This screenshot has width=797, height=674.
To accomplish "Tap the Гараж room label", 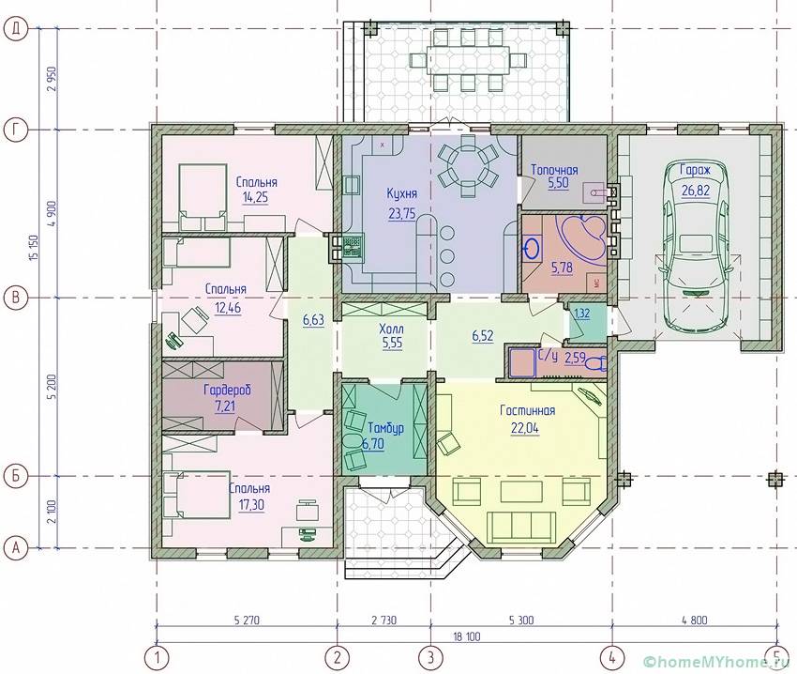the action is (x=696, y=170).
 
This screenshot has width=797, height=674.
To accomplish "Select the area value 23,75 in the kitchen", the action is (x=401, y=214).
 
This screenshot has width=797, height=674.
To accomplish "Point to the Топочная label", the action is (x=554, y=170).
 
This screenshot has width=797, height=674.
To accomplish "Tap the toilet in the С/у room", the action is (x=595, y=363).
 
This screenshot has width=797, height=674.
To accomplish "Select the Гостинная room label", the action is (x=527, y=410).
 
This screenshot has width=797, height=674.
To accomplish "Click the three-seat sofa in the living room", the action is (x=520, y=528).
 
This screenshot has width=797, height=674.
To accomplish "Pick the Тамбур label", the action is (x=385, y=428).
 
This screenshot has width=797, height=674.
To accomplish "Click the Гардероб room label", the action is (x=227, y=391).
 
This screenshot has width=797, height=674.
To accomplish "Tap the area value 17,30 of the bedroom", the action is (x=249, y=505).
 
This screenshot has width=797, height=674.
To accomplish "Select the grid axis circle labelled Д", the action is (x=16, y=29).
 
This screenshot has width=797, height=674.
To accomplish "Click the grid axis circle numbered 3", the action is (x=430, y=657).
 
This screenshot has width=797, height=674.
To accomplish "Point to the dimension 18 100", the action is (x=466, y=636).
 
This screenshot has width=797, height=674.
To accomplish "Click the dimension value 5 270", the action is (x=247, y=620).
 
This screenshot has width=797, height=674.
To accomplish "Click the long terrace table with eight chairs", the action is (x=468, y=60).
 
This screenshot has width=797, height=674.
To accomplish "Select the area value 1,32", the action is (x=581, y=314).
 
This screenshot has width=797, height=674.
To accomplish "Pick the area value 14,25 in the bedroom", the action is (x=255, y=197).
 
